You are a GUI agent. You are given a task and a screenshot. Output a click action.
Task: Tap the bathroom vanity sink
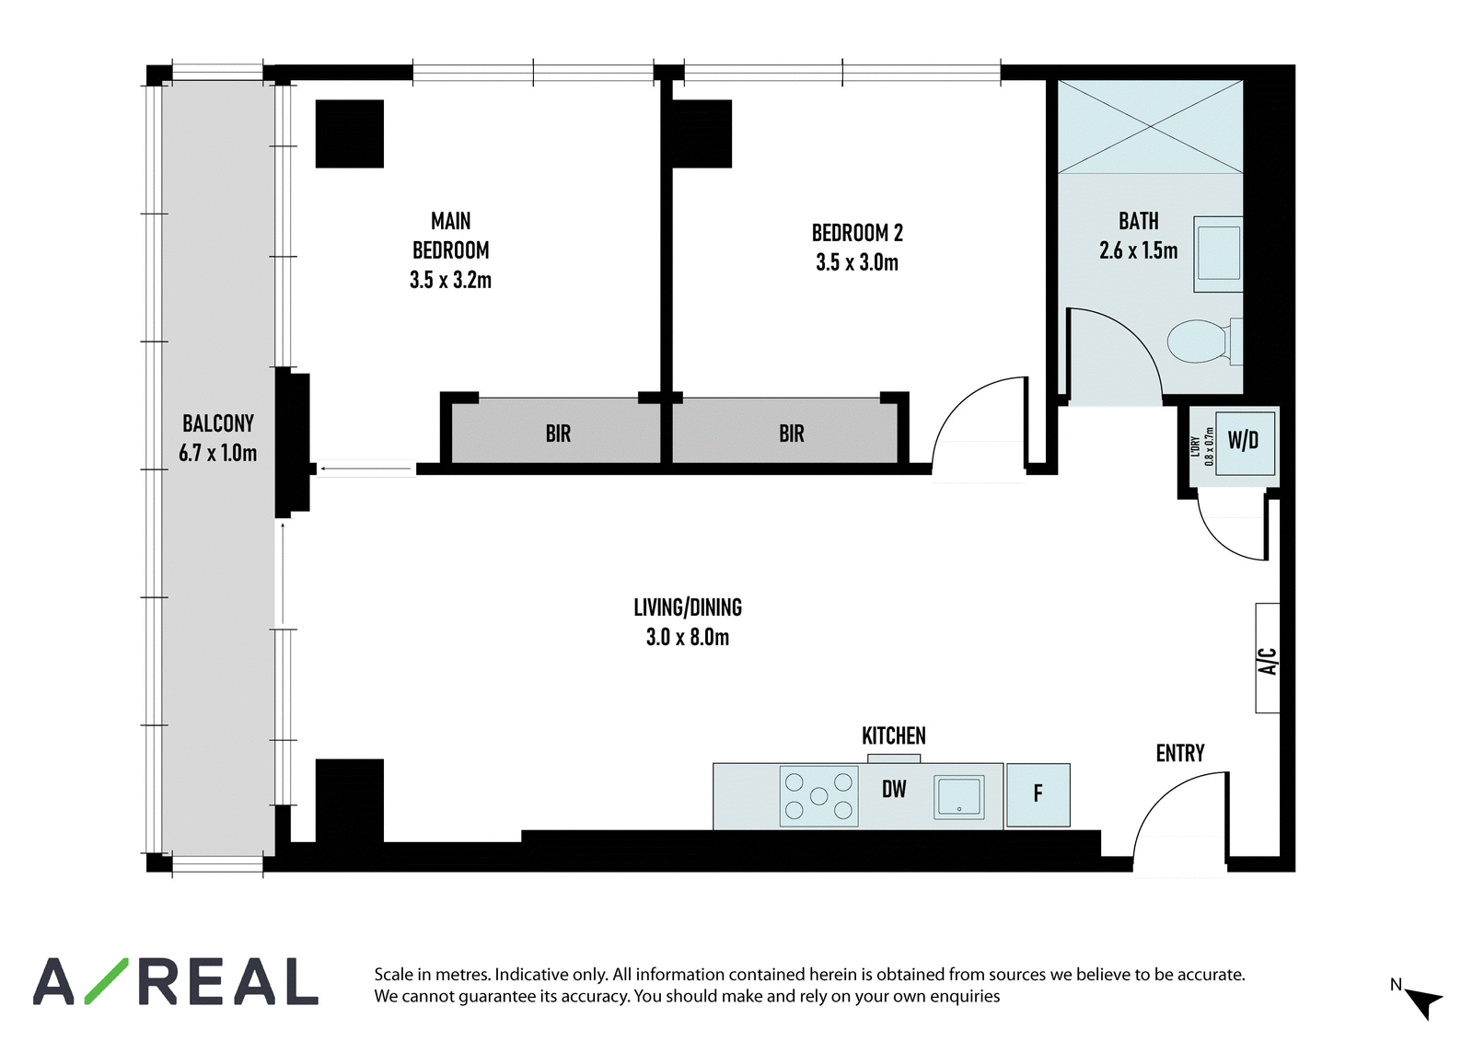click(1219, 254)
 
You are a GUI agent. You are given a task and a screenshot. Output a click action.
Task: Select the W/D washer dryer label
click(1243, 440)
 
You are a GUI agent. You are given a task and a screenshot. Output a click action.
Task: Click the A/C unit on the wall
click(1267, 657)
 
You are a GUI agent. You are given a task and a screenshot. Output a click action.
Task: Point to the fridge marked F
click(1038, 794)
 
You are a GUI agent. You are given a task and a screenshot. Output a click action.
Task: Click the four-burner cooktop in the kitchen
click(818, 796)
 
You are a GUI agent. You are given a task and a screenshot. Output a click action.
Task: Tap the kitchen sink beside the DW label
click(958, 797)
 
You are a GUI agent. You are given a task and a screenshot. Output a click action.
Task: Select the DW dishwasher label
click(894, 789)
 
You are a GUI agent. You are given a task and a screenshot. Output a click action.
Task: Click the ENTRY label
click(1180, 753)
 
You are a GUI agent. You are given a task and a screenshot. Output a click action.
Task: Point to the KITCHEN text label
click(894, 735)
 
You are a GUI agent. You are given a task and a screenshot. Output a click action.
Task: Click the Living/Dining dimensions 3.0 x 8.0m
click(688, 637)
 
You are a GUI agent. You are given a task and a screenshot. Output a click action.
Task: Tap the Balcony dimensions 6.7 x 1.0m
click(217, 453)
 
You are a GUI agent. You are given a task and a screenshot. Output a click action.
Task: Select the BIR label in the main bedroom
click(558, 434)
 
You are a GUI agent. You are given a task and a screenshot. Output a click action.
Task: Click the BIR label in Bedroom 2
click(792, 434)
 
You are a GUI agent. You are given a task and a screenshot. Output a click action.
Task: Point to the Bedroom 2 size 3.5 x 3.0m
click(857, 262)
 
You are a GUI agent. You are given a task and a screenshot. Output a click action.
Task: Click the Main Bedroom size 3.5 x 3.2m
click(450, 280)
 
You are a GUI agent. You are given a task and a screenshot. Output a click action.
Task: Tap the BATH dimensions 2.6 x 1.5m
click(1138, 250)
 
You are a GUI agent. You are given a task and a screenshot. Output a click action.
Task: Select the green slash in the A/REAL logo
click(107, 981)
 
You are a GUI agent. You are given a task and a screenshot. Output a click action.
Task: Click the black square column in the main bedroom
click(349, 133)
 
